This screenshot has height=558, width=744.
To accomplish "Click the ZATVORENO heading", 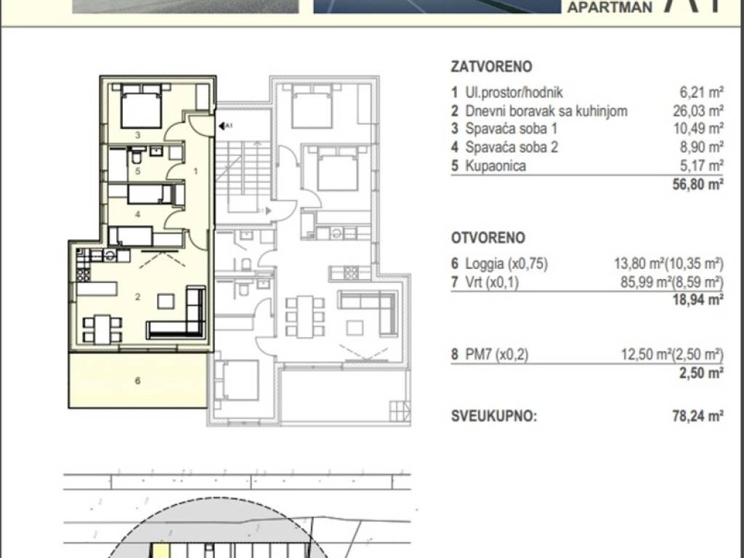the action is coord(491,66).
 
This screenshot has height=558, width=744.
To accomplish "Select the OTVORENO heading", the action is coord(488,238).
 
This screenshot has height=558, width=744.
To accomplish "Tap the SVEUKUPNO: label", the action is coord(493,416).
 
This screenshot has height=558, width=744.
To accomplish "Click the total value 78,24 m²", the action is coord(697,416).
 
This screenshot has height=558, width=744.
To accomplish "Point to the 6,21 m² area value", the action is coord(702,92).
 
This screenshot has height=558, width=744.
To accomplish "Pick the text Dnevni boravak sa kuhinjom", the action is coord(546,110).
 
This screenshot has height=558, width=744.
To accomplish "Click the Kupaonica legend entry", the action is coord(496,166).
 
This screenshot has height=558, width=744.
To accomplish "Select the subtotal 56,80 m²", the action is coord(697,184).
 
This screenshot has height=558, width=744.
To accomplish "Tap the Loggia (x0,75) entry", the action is coord(506,264).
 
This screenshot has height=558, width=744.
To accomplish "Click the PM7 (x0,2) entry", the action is coord(496,355).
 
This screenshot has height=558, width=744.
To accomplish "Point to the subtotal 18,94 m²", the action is coord(697,299).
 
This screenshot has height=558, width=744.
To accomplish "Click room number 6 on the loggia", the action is coord(137,381).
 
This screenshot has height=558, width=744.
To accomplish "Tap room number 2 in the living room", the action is coord(137,297).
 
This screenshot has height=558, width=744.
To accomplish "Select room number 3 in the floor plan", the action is coord(137,134).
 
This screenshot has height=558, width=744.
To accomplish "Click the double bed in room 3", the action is coord(141,106).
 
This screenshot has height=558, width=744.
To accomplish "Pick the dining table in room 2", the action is coord(102,329).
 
